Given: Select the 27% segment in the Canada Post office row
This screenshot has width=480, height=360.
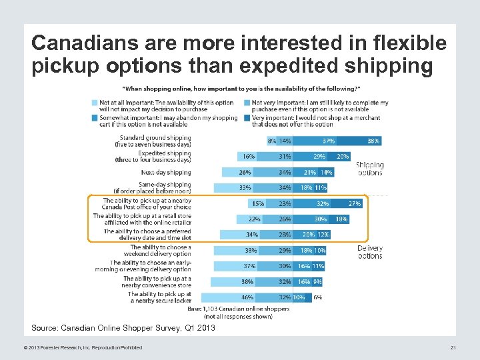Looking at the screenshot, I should (355, 203).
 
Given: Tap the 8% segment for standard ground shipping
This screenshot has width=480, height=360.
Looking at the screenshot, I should (271, 141).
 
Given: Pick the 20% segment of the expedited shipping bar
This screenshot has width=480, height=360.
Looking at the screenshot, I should (341, 157).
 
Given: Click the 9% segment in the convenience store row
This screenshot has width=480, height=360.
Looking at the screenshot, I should (317, 282).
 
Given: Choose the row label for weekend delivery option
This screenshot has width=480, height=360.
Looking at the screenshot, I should (161, 251).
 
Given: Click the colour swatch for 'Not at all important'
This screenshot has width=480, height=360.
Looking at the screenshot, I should (94, 103).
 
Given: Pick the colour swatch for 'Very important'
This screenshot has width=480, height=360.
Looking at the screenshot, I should (247, 118).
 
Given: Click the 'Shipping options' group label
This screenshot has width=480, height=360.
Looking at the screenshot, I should (369, 169).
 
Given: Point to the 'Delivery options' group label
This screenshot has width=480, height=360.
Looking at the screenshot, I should (369, 251).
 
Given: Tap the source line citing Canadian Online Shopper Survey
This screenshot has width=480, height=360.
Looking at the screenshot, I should (123, 328).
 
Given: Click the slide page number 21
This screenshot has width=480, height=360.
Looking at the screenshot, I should (453, 348).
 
